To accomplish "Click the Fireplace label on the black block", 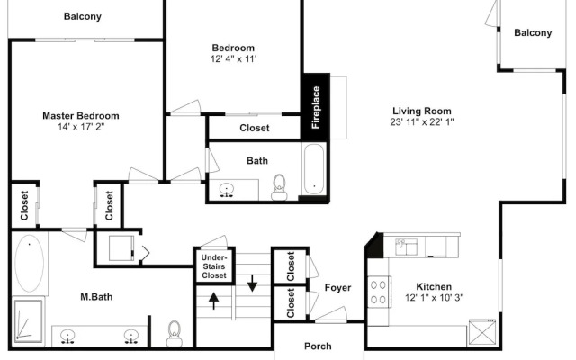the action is pyautogui.click(x=316, y=107).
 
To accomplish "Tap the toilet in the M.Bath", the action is pyautogui.click(x=174, y=334).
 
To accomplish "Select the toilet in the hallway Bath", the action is pyautogui.click(x=279, y=187).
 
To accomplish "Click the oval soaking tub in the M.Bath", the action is pyautogui.click(x=30, y=263).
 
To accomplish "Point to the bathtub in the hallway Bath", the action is pyautogui.click(x=314, y=168).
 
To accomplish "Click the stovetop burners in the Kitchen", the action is pyautogui.click(x=378, y=292).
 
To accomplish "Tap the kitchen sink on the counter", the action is pyautogui.click(x=406, y=247).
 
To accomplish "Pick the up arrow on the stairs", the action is pyautogui.click(x=213, y=300).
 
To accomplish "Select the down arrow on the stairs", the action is pyautogui.click(x=252, y=283).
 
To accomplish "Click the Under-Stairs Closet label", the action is pyautogui.click(x=214, y=266).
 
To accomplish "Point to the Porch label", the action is pyautogui.click(x=318, y=346).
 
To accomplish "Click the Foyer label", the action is pyautogui.click(x=337, y=288).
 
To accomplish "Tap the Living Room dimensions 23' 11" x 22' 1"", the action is pyautogui.click(x=422, y=122).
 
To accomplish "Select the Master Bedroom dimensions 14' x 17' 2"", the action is pyautogui.click(x=81, y=127).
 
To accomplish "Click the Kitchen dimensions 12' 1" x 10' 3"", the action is pyautogui.click(x=434, y=298).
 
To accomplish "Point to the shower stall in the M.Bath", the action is pyautogui.click(x=28, y=321).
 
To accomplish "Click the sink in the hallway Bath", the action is pyautogui.click(x=227, y=190).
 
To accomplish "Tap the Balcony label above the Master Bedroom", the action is pyautogui.click(x=82, y=16).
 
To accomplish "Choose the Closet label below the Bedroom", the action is pyautogui.click(x=254, y=128).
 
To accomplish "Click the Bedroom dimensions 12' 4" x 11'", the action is pyautogui.click(x=233, y=58).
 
